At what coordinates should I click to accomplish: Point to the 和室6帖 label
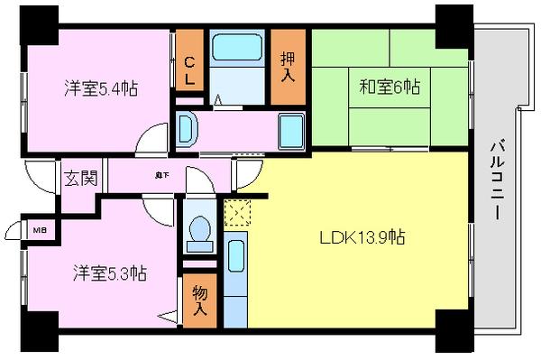coord(390,88)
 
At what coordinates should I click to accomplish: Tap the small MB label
coord(39,230)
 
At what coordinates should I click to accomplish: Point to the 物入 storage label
coord(198,297)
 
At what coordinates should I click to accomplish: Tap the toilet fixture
coord(198,234)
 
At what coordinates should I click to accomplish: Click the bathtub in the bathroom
coord(236,60)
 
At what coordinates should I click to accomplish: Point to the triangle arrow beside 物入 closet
coord(169,315)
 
